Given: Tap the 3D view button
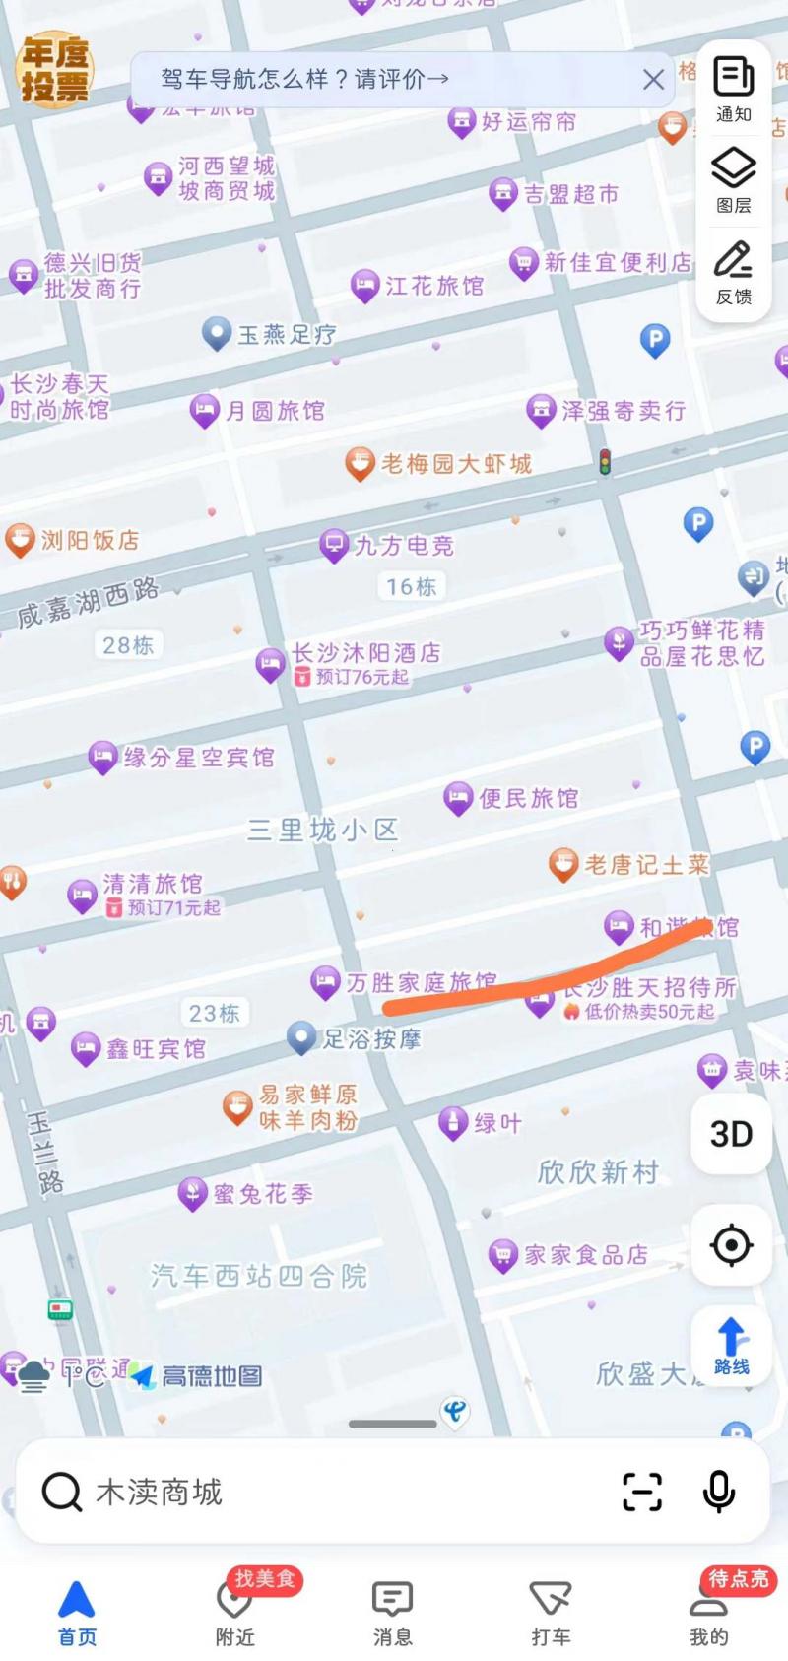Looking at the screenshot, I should tap(731, 1134).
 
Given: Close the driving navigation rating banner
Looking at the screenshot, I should tap(653, 80).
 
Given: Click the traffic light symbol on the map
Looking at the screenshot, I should tap(605, 461).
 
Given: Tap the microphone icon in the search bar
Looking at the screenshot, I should tap(718, 1492).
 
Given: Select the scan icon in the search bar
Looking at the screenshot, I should tap(642, 1492).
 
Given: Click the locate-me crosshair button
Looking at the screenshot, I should tap(731, 1245).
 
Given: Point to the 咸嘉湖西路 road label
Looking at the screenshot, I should tap(89, 602).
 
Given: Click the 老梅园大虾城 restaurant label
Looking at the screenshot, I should tap(455, 464).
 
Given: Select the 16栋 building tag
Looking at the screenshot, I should tap(411, 587).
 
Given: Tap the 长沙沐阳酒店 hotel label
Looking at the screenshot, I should tap(365, 653).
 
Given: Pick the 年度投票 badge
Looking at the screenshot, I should tap(55, 69).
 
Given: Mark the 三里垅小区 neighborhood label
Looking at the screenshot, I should tap(321, 830).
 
